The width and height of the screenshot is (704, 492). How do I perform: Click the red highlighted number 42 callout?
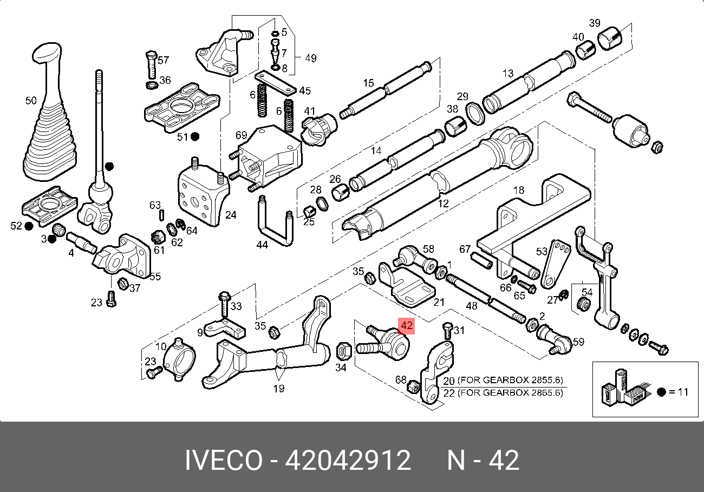[406, 326]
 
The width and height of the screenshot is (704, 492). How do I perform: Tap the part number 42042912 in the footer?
[348, 461]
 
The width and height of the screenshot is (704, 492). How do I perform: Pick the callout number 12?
[444, 204]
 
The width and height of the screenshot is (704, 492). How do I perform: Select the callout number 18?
[518, 190]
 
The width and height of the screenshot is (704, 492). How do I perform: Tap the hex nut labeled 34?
[342, 351]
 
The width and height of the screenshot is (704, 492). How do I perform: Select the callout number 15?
[368, 83]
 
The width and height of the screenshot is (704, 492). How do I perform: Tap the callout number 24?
[231, 215]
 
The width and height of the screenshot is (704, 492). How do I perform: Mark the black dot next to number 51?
[195, 137]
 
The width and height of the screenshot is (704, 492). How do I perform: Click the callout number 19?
[279, 388]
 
